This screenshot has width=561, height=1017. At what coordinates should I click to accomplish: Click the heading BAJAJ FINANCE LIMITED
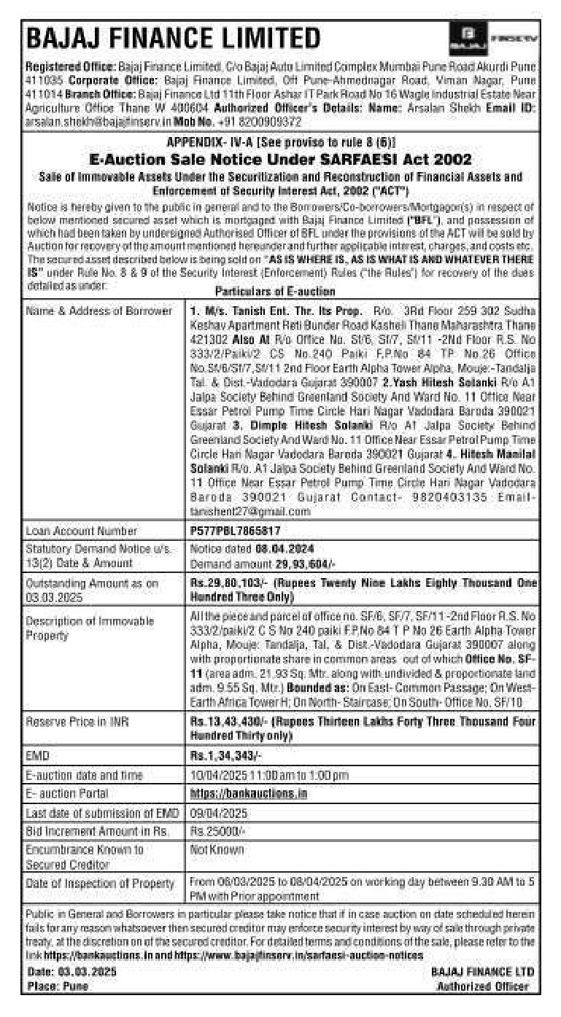point(173,37)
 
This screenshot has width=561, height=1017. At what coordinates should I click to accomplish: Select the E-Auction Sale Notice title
point(280,159)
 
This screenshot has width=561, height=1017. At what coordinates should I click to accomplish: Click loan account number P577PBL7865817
point(235,531)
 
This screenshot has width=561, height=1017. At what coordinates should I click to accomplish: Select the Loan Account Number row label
point(81,531)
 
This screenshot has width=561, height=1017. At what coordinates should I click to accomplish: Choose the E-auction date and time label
point(84,774)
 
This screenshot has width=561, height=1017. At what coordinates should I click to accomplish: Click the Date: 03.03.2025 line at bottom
point(71,972)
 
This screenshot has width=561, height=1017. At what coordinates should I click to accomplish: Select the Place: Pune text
point(58,986)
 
